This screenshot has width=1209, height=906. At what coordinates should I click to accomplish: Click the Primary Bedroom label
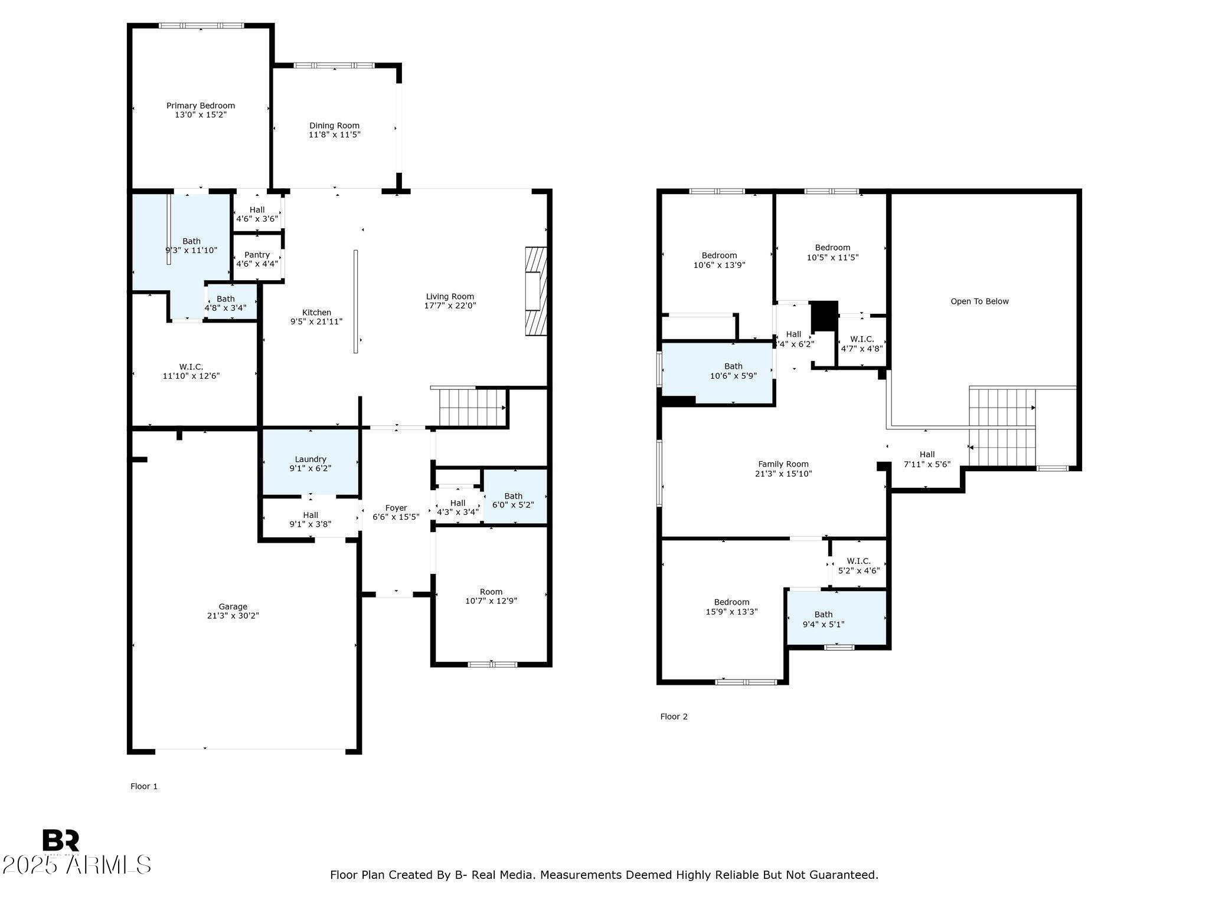(x=200, y=106)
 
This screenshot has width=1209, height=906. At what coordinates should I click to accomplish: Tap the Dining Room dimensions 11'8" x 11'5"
(x=334, y=135)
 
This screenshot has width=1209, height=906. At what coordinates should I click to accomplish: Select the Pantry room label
(x=257, y=255)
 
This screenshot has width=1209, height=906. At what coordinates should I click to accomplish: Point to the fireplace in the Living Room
(x=536, y=291)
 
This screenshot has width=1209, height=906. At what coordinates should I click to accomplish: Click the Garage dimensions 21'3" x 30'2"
(x=233, y=616)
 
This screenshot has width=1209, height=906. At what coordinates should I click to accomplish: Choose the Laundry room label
(x=311, y=459)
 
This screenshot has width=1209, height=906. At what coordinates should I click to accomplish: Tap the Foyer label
(x=396, y=508)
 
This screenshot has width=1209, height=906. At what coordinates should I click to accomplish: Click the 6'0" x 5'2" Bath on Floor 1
(x=513, y=501)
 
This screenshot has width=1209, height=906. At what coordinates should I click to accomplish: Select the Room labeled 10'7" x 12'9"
(x=491, y=596)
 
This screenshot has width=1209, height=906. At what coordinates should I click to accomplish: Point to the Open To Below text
(x=979, y=301)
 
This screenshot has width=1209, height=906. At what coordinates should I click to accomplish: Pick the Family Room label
(x=783, y=464)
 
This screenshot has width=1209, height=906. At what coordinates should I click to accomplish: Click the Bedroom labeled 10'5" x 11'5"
(x=832, y=252)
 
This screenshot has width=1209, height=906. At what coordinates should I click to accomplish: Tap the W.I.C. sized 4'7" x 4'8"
(x=862, y=344)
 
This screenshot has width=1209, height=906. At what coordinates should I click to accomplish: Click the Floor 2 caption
(x=674, y=717)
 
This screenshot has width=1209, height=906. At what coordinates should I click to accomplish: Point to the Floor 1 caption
(x=144, y=786)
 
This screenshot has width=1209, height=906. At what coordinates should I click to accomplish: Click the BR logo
(x=60, y=841)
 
